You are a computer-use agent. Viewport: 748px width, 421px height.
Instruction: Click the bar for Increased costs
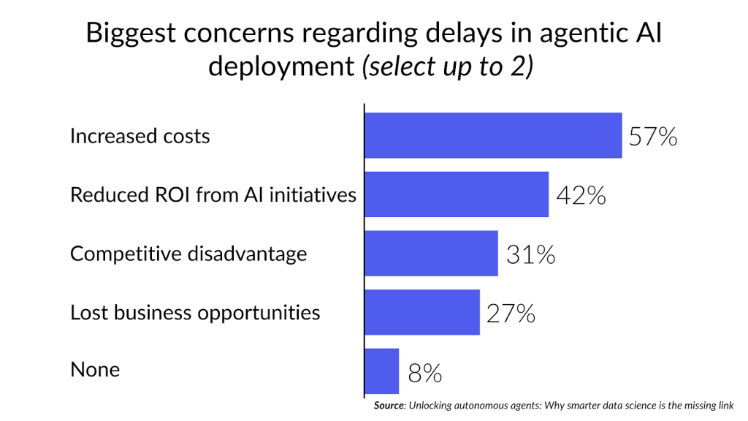point(493,135)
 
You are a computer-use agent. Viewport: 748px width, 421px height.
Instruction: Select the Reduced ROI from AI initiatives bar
point(457,194)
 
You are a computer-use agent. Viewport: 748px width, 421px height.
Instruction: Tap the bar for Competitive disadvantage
point(431,254)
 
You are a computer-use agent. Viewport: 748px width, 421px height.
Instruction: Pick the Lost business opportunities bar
point(422,313)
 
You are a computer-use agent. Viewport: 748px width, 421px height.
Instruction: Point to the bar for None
point(381,371)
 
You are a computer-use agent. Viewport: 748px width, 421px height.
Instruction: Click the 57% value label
point(653,137)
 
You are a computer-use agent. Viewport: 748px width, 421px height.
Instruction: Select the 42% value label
point(581,196)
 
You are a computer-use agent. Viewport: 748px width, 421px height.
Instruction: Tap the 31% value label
point(530,255)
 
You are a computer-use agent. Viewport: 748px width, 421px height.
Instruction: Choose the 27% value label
point(511,314)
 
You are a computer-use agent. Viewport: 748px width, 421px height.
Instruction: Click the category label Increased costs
point(140,136)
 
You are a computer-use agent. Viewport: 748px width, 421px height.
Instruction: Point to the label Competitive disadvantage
point(188,254)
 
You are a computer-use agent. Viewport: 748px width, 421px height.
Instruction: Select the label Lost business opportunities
point(195,313)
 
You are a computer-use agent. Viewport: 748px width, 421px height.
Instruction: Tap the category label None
point(95,370)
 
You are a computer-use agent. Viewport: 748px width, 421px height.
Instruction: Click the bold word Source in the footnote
point(389,405)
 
